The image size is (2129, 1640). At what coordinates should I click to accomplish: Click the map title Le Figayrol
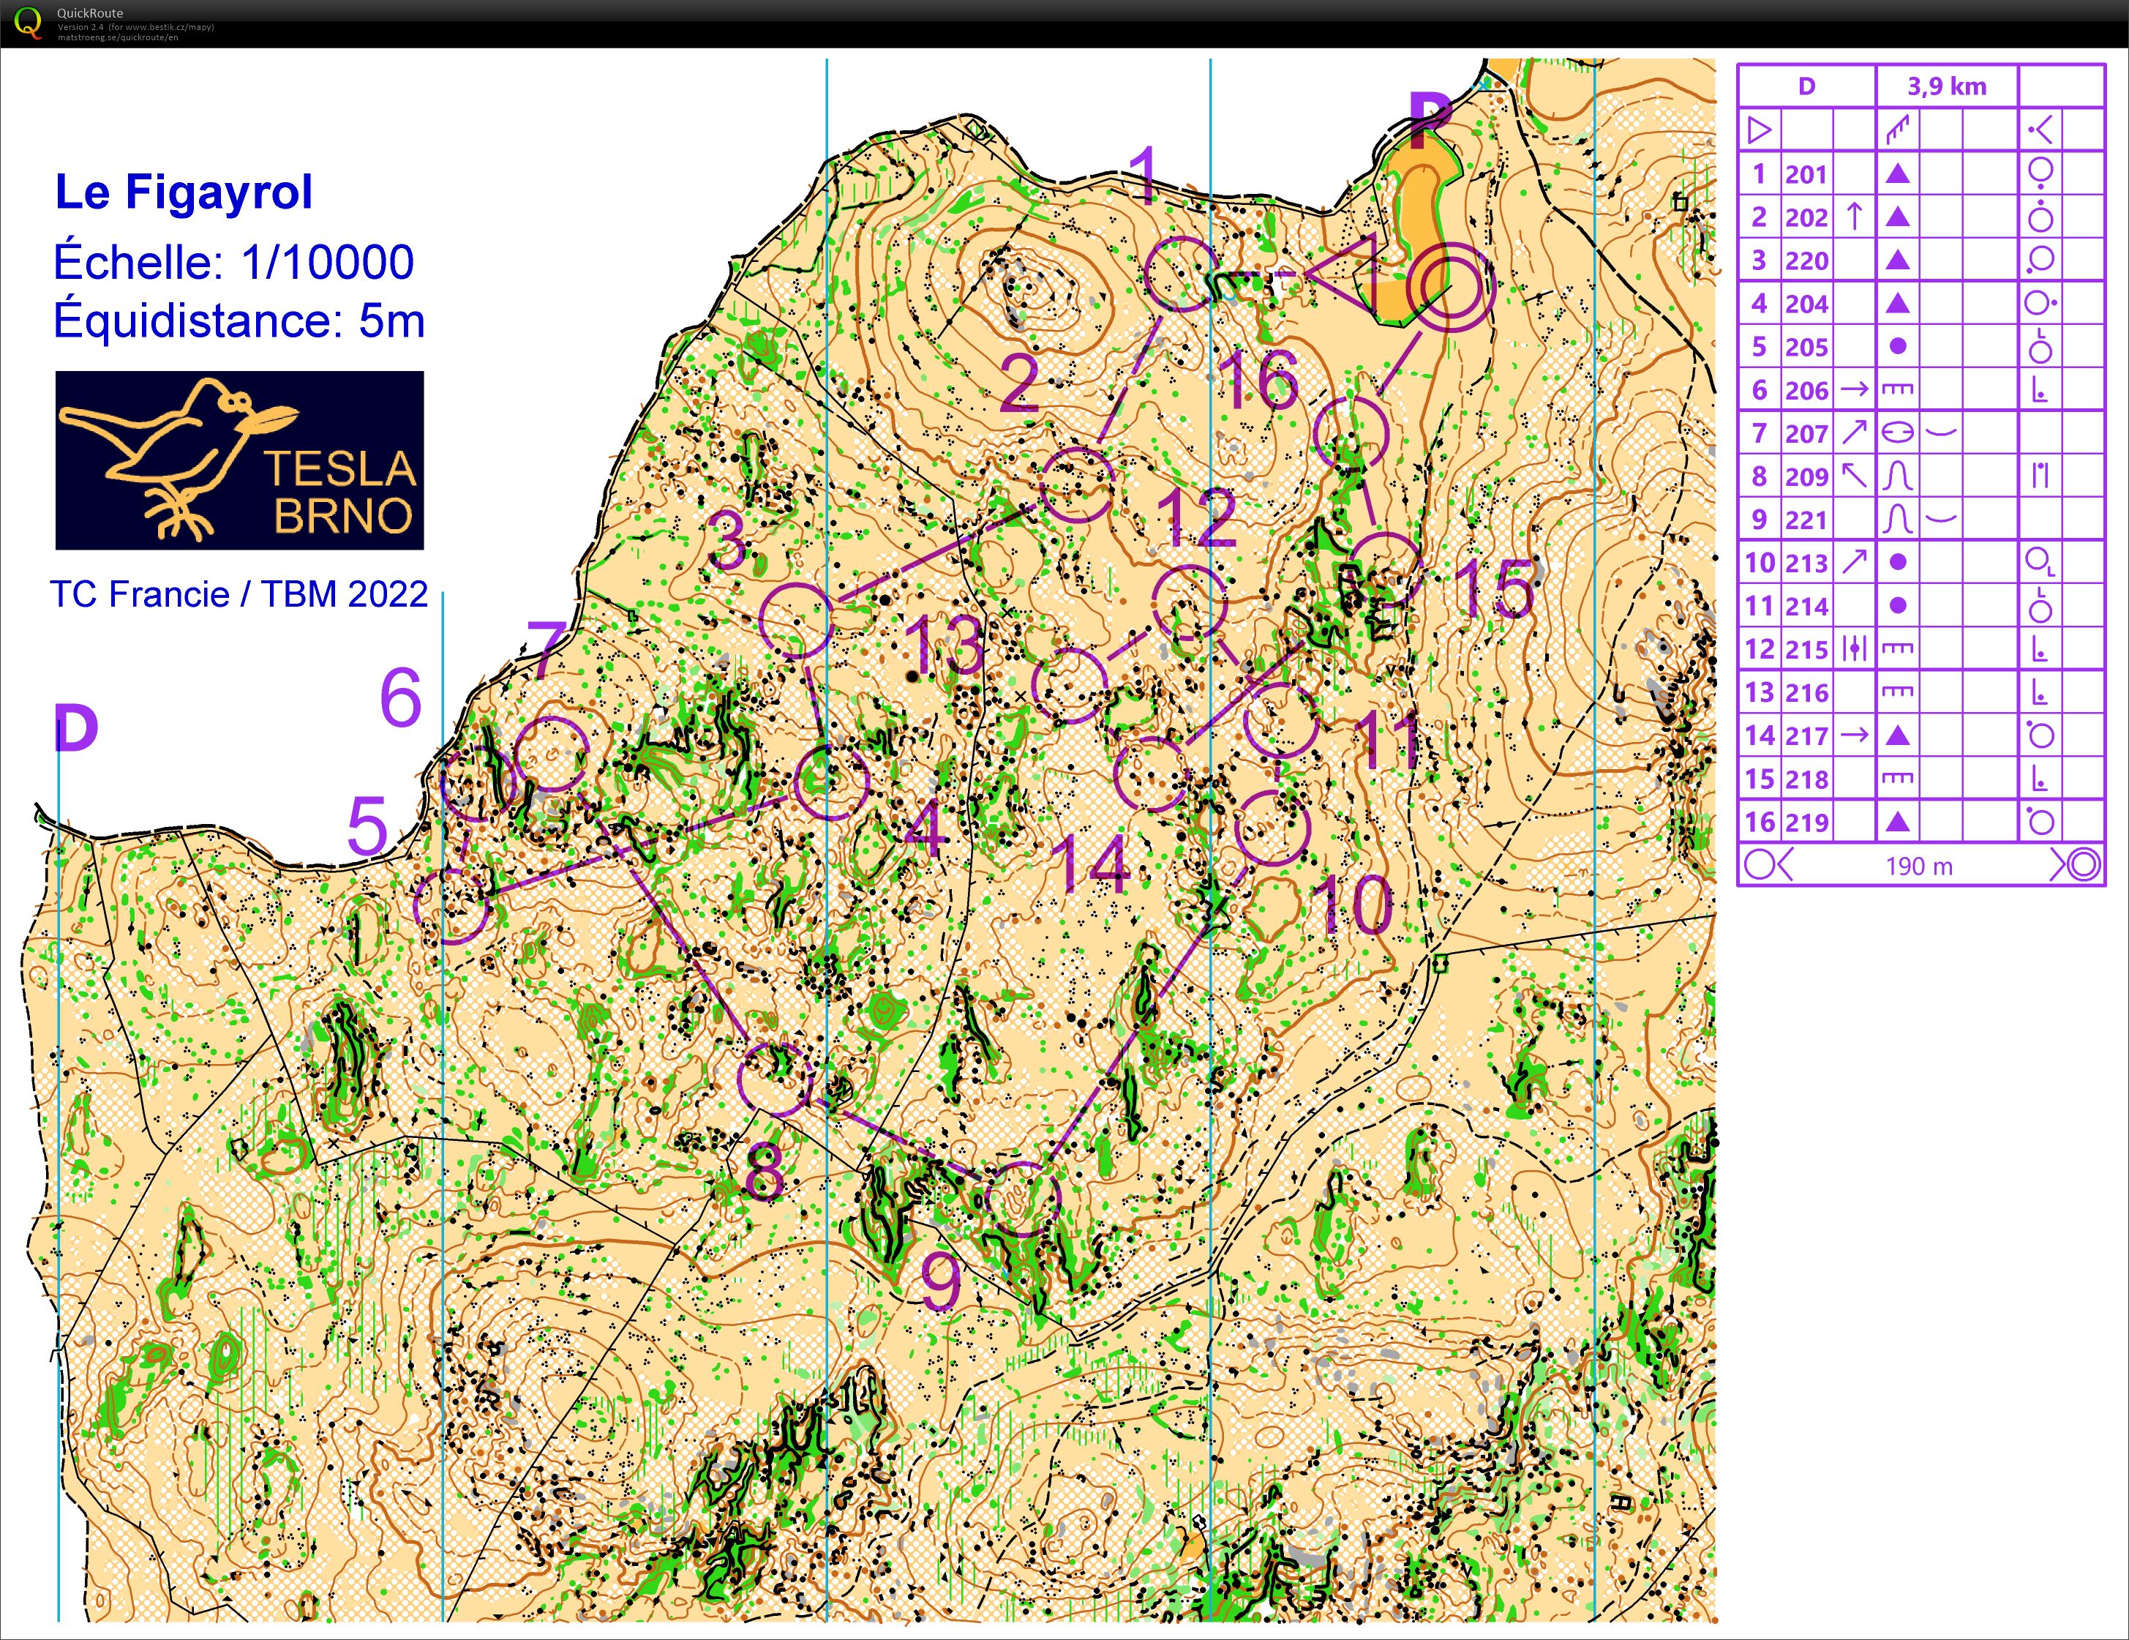(x=183, y=192)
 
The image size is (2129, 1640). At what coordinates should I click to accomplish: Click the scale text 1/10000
(x=328, y=261)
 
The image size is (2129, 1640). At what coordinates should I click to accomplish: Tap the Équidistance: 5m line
(x=239, y=320)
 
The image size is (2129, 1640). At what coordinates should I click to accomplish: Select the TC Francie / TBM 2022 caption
(x=239, y=594)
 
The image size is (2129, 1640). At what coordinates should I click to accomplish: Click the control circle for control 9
(x=1021, y=1198)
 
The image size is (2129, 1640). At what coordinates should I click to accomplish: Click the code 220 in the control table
(x=1806, y=261)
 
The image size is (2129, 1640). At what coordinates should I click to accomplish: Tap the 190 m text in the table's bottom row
(x=1918, y=866)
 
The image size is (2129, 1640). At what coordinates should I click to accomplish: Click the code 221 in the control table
(x=1806, y=520)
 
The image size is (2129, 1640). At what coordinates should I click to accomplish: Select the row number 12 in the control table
(x=1760, y=649)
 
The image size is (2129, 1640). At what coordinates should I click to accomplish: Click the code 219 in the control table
(x=1806, y=822)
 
